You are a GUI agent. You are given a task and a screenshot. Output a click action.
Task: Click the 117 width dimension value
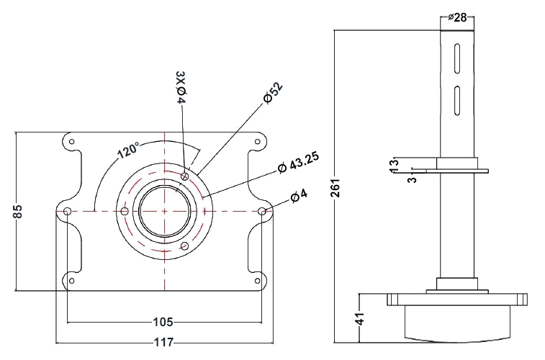[x=164, y=343]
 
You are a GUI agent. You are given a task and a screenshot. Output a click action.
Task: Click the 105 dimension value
[x=164, y=322]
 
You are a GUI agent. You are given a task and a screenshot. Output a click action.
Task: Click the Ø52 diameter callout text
[x=273, y=94]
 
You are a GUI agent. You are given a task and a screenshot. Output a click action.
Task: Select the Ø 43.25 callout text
[x=299, y=162]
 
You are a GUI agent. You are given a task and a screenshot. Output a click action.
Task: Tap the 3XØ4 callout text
[x=181, y=88]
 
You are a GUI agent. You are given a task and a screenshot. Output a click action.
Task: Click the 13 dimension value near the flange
[x=393, y=163]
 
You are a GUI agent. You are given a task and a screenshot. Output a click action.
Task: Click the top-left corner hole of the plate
[x=70, y=142]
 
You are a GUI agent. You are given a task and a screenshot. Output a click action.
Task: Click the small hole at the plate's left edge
[x=66, y=212]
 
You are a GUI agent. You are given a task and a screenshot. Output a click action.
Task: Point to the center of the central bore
[x=165, y=211]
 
